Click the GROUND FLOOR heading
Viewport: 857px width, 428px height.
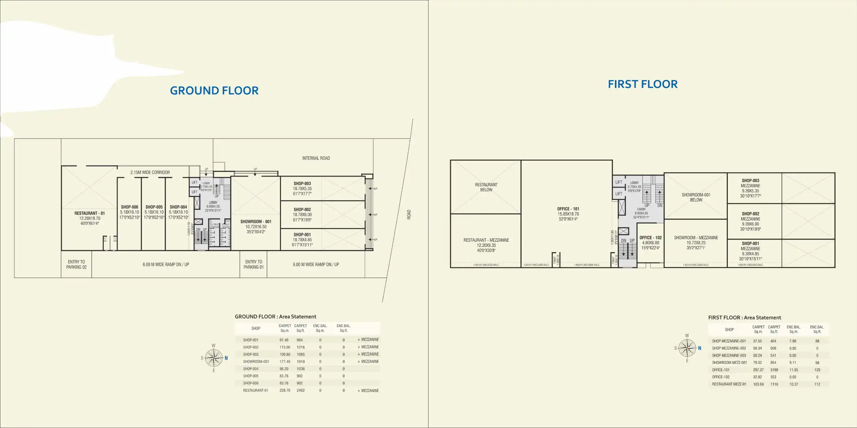[x=214, y=90]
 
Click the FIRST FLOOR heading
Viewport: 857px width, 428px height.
[x=642, y=84]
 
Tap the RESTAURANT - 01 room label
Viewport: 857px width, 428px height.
[x=89, y=213]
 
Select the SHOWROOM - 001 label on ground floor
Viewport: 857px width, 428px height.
[x=256, y=222]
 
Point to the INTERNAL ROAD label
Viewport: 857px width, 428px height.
[x=316, y=158]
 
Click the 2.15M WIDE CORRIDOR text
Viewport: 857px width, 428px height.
[x=150, y=172]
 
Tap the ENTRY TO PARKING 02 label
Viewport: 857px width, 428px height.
[x=76, y=264]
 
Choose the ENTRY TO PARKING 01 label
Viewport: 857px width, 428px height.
[x=254, y=264]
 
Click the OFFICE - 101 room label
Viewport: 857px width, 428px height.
[x=568, y=209]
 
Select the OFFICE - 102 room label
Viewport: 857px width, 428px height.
[x=650, y=238]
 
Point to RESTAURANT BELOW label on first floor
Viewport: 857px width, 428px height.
[x=486, y=187]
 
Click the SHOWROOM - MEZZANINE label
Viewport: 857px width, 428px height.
[x=696, y=238]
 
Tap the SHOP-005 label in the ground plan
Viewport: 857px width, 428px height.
[x=154, y=207]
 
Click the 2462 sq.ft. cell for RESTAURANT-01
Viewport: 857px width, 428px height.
[x=300, y=391]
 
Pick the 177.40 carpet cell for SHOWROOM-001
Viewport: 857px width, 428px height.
[x=285, y=362]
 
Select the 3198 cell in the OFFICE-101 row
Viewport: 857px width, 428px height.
[x=774, y=370]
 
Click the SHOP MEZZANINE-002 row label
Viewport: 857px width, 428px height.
[x=729, y=348]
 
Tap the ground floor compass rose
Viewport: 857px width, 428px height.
[x=214, y=358]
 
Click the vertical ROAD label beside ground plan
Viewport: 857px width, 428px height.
[x=409, y=215]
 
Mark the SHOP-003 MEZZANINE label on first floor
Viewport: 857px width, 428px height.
[x=750, y=183]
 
